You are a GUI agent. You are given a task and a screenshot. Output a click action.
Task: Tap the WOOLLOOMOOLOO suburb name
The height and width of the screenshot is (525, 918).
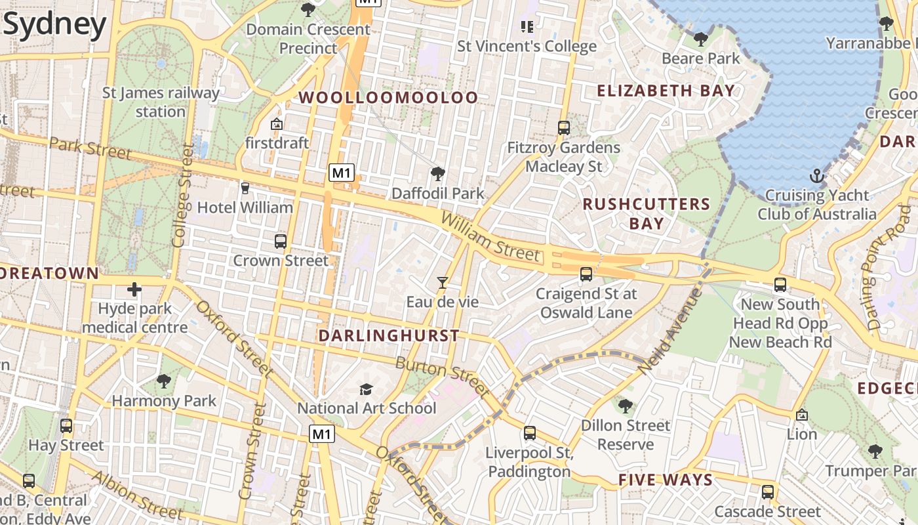click(389, 98)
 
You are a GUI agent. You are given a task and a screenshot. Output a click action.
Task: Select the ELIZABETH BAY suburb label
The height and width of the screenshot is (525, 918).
click(666, 91)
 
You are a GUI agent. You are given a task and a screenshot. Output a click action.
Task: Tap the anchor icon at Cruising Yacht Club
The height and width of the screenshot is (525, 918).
click(816, 176)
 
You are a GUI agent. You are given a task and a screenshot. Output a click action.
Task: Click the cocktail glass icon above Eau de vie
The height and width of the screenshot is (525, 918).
click(443, 283)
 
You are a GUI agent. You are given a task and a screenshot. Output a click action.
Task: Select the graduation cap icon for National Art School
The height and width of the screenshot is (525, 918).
click(366, 389)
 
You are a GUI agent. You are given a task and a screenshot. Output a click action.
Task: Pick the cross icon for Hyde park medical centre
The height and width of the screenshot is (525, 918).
click(134, 289)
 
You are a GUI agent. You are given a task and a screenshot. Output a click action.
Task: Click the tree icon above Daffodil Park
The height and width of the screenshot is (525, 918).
click(437, 174)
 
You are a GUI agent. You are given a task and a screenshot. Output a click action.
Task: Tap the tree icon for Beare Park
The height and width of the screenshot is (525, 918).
click(701, 39)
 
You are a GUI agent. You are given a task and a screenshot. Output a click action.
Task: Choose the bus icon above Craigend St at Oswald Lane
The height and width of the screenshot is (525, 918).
click(586, 274)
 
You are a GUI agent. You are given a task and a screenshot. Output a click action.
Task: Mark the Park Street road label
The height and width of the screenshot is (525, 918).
click(90, 148)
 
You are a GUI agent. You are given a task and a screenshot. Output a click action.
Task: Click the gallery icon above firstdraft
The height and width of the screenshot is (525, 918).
click(277, 123)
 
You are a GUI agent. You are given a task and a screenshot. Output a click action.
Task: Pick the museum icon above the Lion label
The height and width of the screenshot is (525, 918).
click(801, 415)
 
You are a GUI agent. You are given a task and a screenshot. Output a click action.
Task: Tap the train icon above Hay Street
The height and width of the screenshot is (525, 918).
click(66, 426)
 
